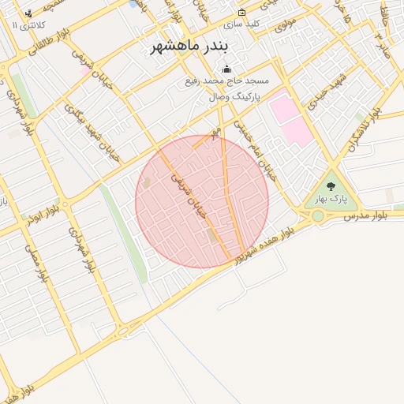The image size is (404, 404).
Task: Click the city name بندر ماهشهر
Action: click(194, 47)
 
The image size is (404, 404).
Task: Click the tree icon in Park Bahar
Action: click(330, 187)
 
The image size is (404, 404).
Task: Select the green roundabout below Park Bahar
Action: click(317, 215)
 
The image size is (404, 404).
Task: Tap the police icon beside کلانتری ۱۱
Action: click(29, 13)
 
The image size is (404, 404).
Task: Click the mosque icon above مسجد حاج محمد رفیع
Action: click(227, 69)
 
